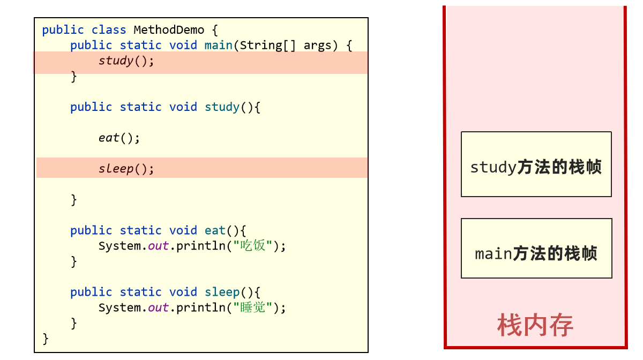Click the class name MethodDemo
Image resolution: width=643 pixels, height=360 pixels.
click(169, 29)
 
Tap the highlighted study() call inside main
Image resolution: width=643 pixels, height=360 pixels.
click(126, 61)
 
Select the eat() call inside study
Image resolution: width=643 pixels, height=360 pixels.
click(119, 138)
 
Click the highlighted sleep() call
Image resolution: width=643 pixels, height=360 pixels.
click(126, 169)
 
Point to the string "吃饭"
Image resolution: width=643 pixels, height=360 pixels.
click(253, 246)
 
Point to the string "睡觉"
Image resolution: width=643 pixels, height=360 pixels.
click(253, 307)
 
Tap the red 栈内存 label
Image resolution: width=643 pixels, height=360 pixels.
click(535, 325)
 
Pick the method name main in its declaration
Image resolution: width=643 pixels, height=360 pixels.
click(218, 46)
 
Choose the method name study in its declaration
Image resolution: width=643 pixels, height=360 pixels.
click(222, 107)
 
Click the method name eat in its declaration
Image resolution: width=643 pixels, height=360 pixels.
click(215, 230)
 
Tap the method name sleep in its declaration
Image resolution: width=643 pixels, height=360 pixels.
click(222, 292)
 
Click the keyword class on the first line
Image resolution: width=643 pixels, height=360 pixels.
click(109, 29)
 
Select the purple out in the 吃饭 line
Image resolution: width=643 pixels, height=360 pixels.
click(158, 246)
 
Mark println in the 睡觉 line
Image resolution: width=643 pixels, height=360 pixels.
click(200, 307)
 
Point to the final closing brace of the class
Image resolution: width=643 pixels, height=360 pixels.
click(46, 339)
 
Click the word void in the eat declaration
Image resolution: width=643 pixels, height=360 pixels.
click(183, 230)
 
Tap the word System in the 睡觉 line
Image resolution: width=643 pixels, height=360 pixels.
click(119, 307)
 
